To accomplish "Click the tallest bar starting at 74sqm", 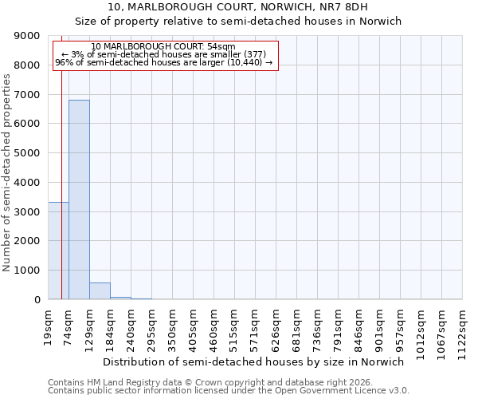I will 79,199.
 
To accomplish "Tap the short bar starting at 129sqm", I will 100,291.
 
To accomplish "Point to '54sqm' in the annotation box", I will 220,47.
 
